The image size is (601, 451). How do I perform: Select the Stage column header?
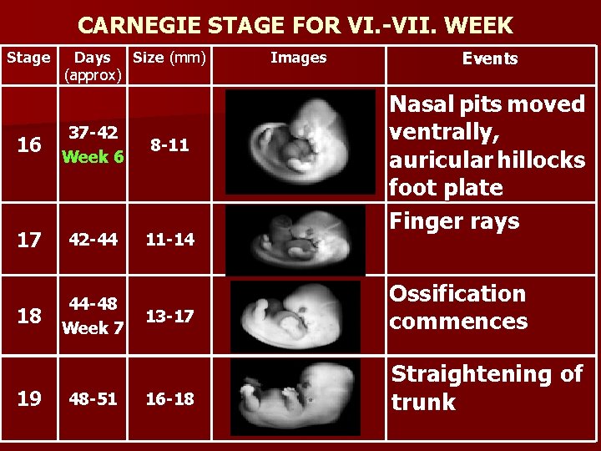pos(28,58)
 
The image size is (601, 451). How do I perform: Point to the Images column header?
pos(298,58)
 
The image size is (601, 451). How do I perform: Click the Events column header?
pos(491,59)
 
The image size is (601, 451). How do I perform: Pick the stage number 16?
pos(29,145)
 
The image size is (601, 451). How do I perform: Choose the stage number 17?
pos(29,240)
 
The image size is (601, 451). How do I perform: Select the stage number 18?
pos(29,316)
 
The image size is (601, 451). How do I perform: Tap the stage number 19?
pos(29,398)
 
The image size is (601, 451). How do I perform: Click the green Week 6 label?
pos(93,157)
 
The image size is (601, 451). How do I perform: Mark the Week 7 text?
pos(93,328)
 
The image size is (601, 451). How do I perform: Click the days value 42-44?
pos(93,240)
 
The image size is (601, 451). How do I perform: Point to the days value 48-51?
pos(93,398)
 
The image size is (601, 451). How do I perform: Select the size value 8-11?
pos(169,145)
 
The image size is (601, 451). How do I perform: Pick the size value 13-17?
pos(170,316)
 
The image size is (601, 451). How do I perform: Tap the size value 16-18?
pos(170,398)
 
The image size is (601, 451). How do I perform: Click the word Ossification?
pos(457,294)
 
